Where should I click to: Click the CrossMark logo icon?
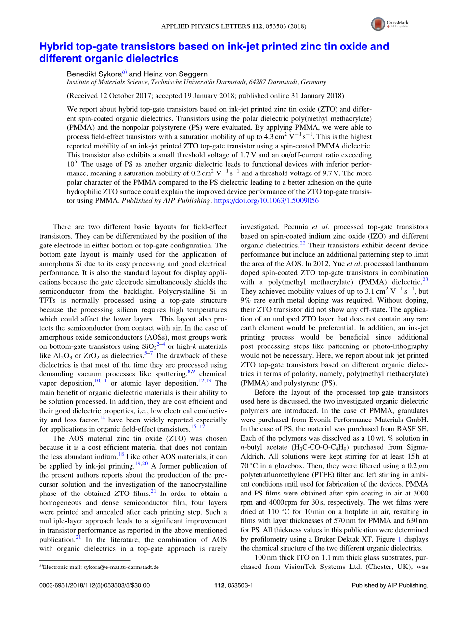(378, 24)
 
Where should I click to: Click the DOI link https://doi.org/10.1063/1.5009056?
(267, 200)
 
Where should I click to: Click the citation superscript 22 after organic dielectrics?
(302, 243)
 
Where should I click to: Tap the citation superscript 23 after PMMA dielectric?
(425, 279)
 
